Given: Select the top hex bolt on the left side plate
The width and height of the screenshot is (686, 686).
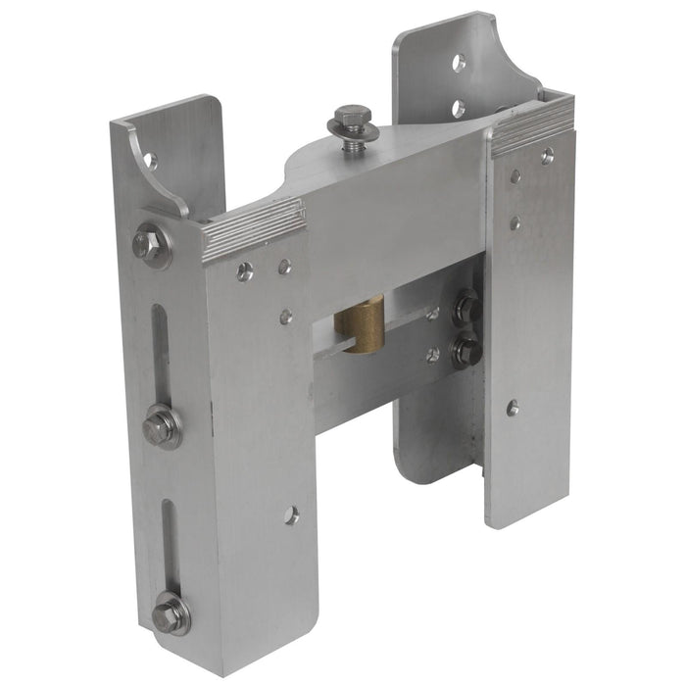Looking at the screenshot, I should pos(148,245).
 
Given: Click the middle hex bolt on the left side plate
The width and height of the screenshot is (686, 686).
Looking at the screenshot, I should pos(161,427).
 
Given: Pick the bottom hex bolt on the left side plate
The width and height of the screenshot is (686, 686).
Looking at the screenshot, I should pos(170,613).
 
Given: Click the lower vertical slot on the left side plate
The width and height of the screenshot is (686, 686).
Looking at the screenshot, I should pos(170,544).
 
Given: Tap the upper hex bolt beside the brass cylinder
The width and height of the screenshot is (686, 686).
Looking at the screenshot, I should pos(466,307).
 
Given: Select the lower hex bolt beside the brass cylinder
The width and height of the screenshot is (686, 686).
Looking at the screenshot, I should pos(466,350).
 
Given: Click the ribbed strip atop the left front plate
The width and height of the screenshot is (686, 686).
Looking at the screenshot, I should pos(254,229).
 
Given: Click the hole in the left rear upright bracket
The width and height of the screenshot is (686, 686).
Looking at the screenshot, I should pos(150,160).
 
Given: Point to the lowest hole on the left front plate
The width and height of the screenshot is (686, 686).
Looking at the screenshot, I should pos(291,514).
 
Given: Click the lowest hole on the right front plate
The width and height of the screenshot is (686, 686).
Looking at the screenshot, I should pos(513,407).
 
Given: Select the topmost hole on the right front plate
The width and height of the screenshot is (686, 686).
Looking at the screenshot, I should pos(547,154).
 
